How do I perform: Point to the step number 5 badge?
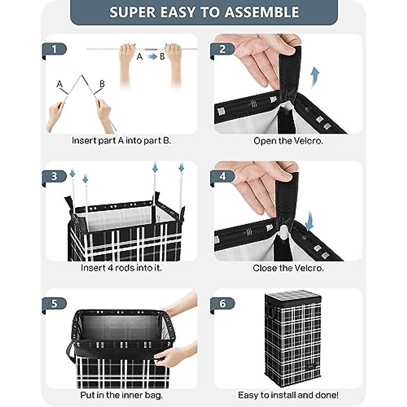pos(54,304)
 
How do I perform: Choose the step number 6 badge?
pos(222,304)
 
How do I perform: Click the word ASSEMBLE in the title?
pos(262,12)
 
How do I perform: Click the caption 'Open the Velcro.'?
pos(288,141)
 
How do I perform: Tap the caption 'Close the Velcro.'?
pos(288,268)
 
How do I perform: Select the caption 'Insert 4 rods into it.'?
pos(121,268)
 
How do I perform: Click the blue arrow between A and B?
pos(152,57)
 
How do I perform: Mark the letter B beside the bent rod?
pos(102,84)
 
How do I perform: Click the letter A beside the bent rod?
pos(60,84)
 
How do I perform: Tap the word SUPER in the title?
pos(133,12)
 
